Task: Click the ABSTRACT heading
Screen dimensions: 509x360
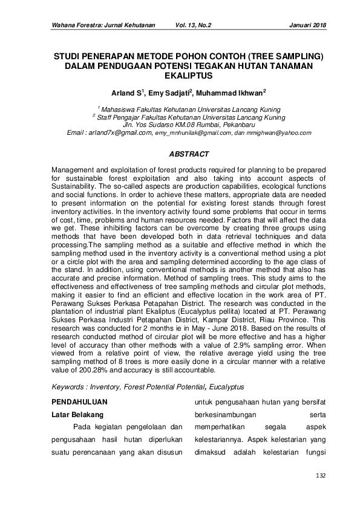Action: click(x=180, y=155)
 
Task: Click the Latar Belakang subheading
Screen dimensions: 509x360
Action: click(x=80, y=415)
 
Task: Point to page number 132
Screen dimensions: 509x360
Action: click(x=321, y=476)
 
